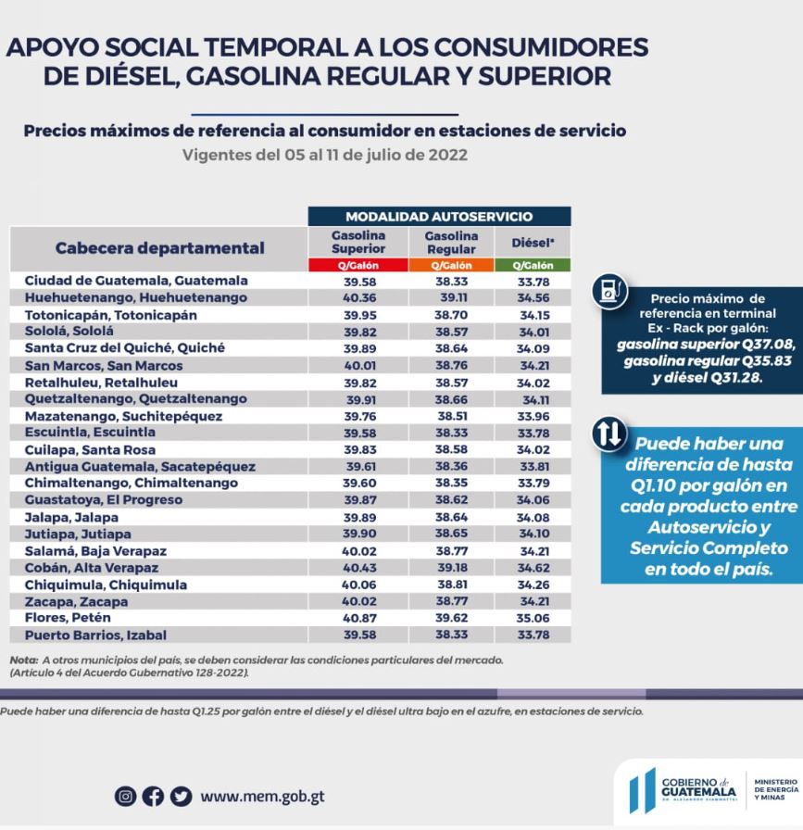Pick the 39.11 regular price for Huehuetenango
click(x=453, y=297)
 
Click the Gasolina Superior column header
click(x=358, y=242)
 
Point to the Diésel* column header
click(x=533, y=243)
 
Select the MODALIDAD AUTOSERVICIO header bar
click(x=439, y=216)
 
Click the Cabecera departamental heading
click(x=159, y=247)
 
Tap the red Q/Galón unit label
click(x=358, y=265)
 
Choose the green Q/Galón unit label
click(x=533, y=265)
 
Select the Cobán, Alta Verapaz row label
click(x=92, y=567)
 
